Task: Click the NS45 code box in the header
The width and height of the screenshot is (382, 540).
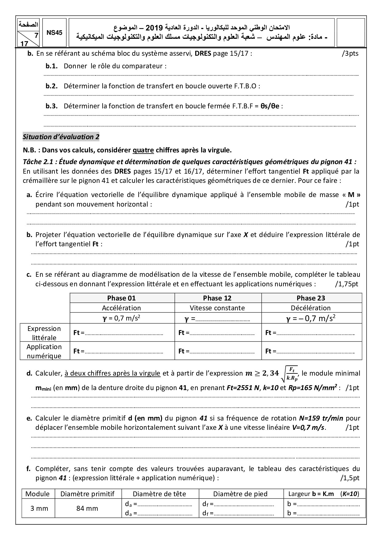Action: coord(55,33)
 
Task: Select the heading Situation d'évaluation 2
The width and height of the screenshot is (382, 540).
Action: coord(61,137)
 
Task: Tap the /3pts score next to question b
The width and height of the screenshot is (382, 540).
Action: coord(350,53)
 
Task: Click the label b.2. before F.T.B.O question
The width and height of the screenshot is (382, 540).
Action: coord(52,86)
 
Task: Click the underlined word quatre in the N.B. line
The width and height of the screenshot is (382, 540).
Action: coord(143,151)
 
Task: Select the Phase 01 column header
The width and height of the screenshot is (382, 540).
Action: coord(121,298)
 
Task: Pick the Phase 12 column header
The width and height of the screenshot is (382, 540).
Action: coord(217,298)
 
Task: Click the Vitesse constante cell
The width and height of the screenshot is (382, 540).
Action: coord(217,308)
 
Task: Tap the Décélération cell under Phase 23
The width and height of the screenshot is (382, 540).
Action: coord(311,308)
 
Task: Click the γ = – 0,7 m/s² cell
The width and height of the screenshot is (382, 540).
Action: coord(311,318)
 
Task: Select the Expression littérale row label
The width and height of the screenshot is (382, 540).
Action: coord(44,333)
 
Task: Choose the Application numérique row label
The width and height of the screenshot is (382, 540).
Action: coord(44,351)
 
